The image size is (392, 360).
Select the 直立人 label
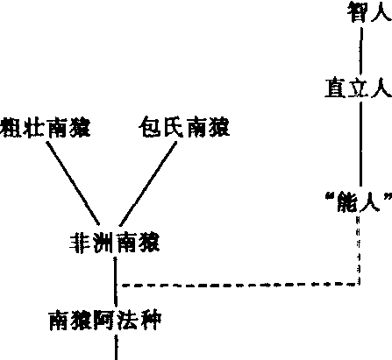pyautogui.click(x=359, y=88)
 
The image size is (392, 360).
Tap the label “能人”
pyautogui.click(x=359, y=201)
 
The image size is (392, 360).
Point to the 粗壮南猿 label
pyautogui.click(x=45, y=128)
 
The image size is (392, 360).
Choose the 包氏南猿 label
pyautogui.click(x=184, y=127)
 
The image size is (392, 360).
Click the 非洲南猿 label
pyautogui.click(x=115, y=244)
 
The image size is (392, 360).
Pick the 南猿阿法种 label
pyautogui.click(x=105, y=321)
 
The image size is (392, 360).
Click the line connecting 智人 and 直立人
pyautogui.click(x=361, y=51)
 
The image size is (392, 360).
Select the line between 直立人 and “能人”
pyautogui.click(x=360, y=145)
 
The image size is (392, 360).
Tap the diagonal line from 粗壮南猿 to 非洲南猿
pyautogui.click(x=73, y=183)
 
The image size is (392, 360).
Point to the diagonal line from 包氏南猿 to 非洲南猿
pyautogui.click(x=148, y=184)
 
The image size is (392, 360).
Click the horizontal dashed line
pyautogui.click(x=239, y=285)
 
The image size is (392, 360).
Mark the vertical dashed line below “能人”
pyautogui.click(x=358, y=250)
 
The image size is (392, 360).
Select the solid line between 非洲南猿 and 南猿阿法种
pyautogui.click(x=116, y=281)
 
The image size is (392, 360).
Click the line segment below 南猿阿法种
pyautogui.click(x=116, y=348)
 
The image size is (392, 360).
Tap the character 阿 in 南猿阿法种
pyautogui.click(x=105, y=321)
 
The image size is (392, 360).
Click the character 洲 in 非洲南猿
pyautogui.click(x=103, y=244)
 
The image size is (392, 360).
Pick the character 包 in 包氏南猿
pyautogui.click(x=150, y=127)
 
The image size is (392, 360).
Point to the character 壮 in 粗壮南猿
pyautogui.click(x=34, y=128)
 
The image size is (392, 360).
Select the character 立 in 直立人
pyautogui.click(x=359, y=88)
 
